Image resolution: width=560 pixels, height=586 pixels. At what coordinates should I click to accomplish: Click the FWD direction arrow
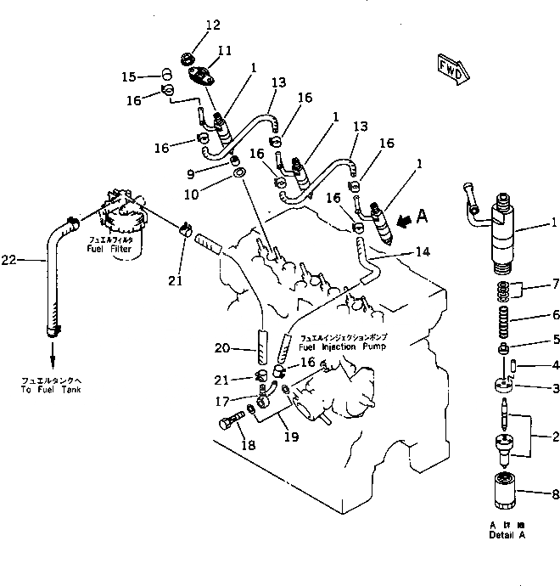tap(451, 69)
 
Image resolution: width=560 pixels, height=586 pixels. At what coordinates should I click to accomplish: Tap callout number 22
tap(30, 260)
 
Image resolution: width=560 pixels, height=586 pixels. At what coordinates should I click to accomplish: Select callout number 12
tap(189, 25)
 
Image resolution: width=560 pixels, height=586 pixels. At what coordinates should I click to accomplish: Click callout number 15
tap(129, 76)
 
